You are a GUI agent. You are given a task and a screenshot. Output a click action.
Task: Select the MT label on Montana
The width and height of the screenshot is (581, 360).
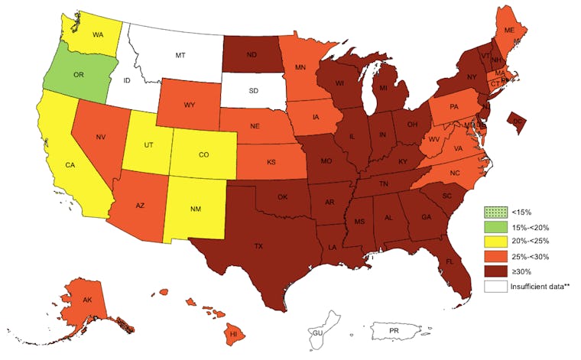coord(180,56)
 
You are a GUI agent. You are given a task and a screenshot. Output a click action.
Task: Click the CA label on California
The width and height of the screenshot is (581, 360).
coord(69,164)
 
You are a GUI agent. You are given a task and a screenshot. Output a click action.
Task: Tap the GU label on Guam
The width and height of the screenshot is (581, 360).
coord(316,332)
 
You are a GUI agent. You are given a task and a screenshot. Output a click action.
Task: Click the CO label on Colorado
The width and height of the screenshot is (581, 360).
coord(203,154)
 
